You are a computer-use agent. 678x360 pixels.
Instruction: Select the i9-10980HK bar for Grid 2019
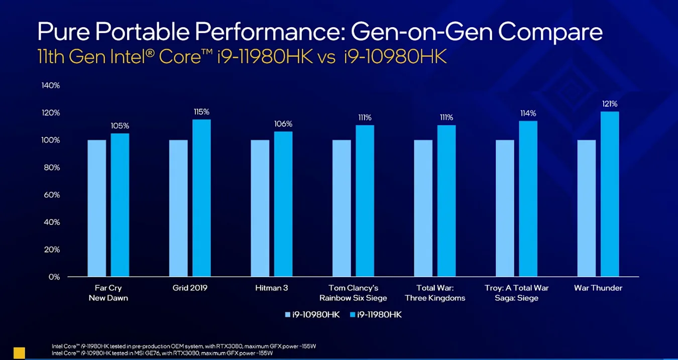coord(178,208)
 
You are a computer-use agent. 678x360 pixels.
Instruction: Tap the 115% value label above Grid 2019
coord(202,111)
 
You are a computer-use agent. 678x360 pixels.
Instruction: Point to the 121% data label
coord(610,103)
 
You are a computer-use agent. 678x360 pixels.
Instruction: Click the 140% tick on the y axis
coord(51,85)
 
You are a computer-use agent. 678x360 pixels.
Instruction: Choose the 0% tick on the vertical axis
coord(54,277)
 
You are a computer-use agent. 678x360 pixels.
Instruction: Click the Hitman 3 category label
coord(272,288)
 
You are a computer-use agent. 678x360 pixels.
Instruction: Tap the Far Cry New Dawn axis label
coord(108,293)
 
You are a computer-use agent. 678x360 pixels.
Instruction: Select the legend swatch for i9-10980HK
coord(288,315)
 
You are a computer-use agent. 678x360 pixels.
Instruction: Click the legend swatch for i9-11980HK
coord(353,315)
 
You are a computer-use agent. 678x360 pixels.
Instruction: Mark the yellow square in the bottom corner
coord(19,352)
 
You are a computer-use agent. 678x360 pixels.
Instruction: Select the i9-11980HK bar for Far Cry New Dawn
coord(120,205)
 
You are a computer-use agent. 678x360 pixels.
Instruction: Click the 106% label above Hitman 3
coord(283,124)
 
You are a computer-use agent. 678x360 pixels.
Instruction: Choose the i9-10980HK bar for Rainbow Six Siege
coord(342,208)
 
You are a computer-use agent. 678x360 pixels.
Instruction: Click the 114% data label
coord(528,113)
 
